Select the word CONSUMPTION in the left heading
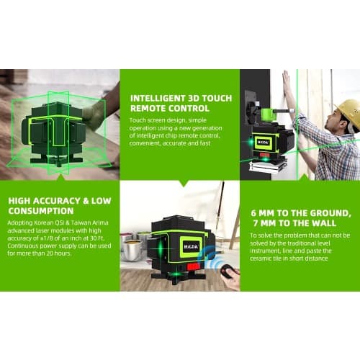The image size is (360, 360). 41,211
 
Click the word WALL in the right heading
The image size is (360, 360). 323,223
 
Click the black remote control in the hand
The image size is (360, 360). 228,271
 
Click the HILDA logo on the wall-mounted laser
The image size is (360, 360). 264,142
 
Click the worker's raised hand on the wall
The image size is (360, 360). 286,78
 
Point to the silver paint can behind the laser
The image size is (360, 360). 132,250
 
